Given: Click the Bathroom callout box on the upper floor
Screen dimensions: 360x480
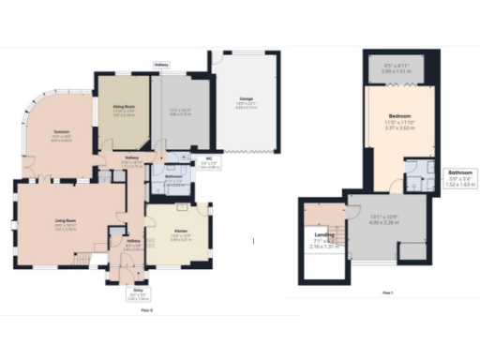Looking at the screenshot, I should point(460,177).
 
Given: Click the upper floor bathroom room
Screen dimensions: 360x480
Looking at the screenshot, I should point(418,175).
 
